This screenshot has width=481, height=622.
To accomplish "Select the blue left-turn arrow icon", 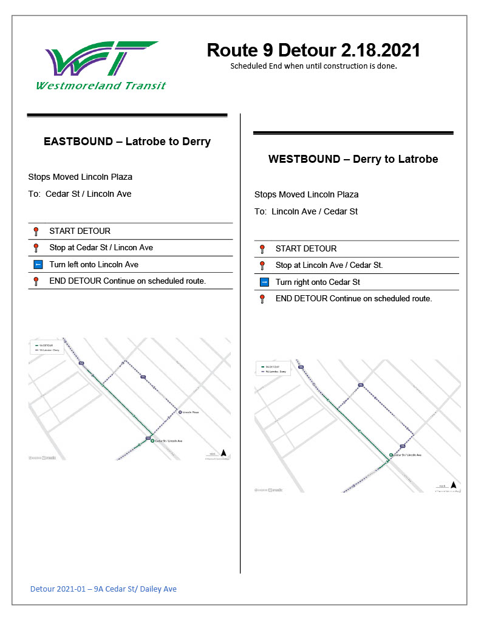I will [x=38, y=265].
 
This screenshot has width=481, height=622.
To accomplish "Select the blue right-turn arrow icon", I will [x=264, y=282].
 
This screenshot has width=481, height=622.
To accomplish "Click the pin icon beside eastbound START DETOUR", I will [x=36, y=231].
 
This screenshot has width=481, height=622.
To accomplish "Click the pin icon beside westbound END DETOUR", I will [x=262, y=299].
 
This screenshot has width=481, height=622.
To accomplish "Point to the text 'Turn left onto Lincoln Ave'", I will [x=94, y=265].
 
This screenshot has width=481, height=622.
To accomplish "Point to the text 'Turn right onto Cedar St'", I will [x=318, y=282].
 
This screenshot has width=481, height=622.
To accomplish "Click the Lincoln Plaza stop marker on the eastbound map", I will [x=180, y=412].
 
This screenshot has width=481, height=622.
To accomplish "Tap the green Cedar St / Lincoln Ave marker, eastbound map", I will [x=152, y=441].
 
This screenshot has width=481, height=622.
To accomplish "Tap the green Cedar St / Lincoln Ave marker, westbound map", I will [x=391, y=455].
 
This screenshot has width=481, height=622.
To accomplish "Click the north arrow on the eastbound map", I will [x=223, y=453].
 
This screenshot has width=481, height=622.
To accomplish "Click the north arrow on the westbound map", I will [x=453, y=485].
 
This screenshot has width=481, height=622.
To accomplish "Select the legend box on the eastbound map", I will [x=47, y=347].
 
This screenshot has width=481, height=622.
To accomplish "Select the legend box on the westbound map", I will [x=273, y=369].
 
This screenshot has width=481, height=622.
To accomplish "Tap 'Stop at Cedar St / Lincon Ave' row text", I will [x=101, y=248].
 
